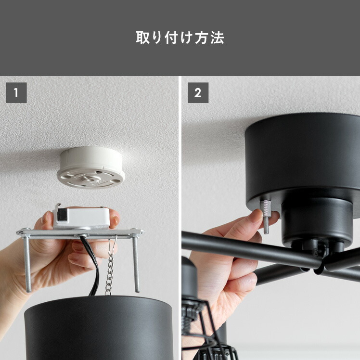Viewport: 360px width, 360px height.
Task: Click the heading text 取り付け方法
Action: tap(180, 38)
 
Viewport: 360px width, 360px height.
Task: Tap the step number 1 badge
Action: tap(16, 93)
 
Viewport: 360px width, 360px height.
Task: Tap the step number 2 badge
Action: tap(198, 93)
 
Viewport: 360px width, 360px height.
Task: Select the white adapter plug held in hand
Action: tap(81, 218)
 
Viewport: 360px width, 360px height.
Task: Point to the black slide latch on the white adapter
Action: tap(61, 215)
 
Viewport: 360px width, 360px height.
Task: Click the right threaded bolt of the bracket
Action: tap(136, 264)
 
